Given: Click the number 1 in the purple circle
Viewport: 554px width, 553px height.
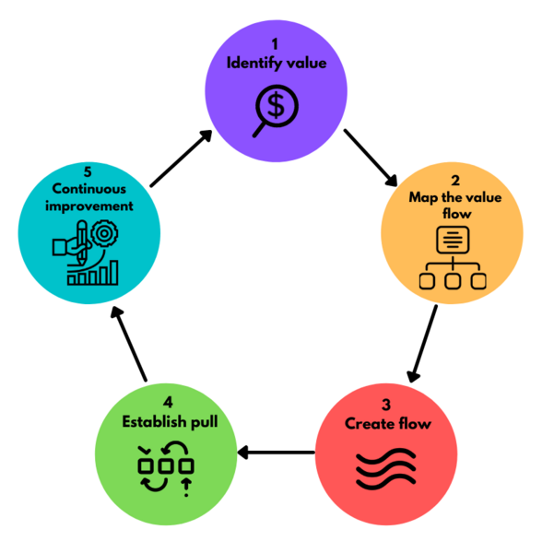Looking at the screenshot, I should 275,44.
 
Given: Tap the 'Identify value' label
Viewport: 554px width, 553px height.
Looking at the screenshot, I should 275,64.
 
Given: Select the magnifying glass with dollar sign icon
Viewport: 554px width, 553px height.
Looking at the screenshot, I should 275,109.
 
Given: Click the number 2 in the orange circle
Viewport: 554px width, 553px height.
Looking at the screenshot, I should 454,180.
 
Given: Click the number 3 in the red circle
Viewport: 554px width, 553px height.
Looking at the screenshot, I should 388,405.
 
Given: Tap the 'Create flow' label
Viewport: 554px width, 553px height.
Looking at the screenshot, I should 388,424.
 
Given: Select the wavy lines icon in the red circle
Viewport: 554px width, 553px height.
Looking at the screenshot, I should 387,470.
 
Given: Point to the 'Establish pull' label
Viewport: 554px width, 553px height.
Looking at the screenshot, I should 166,422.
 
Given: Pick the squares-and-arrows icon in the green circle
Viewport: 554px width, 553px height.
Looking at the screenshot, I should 166,466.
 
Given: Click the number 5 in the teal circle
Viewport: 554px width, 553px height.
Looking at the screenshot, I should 88,171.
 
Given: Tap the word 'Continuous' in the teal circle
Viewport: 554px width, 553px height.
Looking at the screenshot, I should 88,189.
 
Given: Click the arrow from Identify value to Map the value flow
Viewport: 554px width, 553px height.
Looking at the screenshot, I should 371,156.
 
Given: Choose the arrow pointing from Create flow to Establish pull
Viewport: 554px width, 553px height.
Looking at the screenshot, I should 276,453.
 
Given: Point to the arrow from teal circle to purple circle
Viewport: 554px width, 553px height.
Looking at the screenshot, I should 181,159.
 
